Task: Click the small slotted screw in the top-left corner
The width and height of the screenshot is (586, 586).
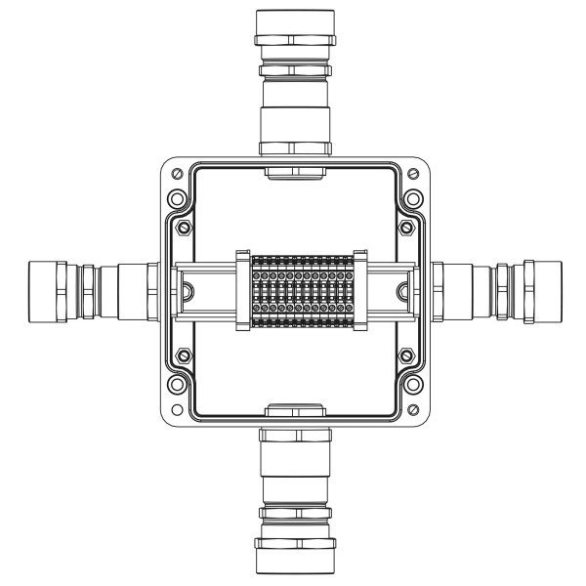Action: point(175,173)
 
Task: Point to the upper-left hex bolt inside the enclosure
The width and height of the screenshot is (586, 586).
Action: point(183,230)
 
